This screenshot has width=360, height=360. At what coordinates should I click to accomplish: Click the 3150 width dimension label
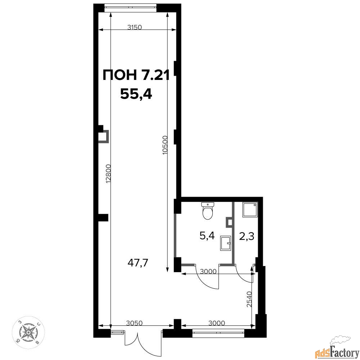135,27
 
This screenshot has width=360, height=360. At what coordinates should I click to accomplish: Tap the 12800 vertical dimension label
108,174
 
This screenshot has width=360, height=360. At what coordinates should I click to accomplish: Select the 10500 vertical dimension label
165,145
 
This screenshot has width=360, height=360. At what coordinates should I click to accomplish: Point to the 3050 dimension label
135,323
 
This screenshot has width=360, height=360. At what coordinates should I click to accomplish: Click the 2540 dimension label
250,299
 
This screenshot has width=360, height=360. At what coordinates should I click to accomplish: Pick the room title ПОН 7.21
136,75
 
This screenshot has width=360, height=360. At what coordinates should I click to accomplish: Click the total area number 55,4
136,94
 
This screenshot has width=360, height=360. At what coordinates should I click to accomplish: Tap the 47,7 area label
138,263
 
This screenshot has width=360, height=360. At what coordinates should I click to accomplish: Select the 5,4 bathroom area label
207,235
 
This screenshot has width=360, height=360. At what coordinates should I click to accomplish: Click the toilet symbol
208,211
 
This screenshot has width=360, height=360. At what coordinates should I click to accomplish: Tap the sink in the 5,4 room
225,243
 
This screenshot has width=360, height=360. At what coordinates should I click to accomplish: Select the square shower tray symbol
250,210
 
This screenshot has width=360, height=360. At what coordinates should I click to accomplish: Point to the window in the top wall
130,8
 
